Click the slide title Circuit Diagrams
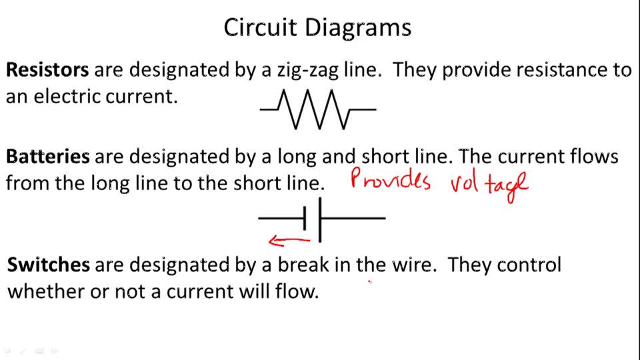pyautogui.click(x=317, y=28)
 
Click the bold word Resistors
pyautogui.click(x=47, y=70)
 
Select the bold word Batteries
pyautogui.click(x=48, y=157)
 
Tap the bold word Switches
pyautogui.click(x=48, y=265)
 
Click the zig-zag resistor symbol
pyautogui.click(x=318, y=109)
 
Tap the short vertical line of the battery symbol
pyautogui.click(x=305, y=217)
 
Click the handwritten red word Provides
pyautogui.click(x=391, y=180)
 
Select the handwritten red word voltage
pyautogui.click(x=489, y=183)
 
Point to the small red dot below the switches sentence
pyautogui.click(x=370, y=282)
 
